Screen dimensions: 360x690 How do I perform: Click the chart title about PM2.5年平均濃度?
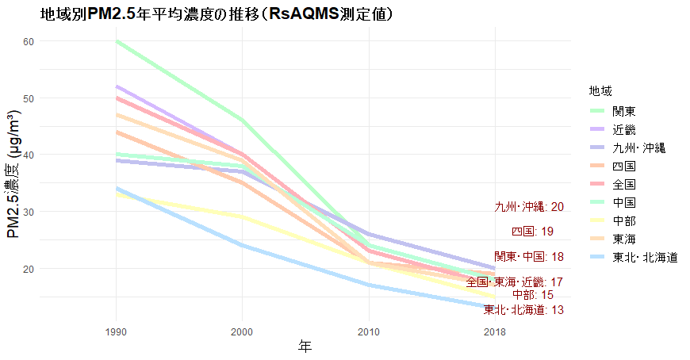217,14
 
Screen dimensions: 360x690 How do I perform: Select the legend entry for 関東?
623,111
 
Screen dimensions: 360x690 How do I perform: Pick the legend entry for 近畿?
623,129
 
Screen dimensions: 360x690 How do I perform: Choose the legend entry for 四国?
623,166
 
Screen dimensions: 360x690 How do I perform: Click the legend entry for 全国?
623,184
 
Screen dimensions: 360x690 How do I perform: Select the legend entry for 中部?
623,220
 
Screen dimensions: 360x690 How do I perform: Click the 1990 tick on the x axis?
117,330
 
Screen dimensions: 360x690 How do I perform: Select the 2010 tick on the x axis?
368,330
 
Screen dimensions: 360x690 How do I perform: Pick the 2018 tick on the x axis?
494,330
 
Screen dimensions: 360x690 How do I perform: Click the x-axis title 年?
305,347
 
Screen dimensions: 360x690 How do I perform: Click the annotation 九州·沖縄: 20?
529,207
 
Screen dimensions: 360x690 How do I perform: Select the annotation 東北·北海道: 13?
523,310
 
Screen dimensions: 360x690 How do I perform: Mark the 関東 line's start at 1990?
117,41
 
